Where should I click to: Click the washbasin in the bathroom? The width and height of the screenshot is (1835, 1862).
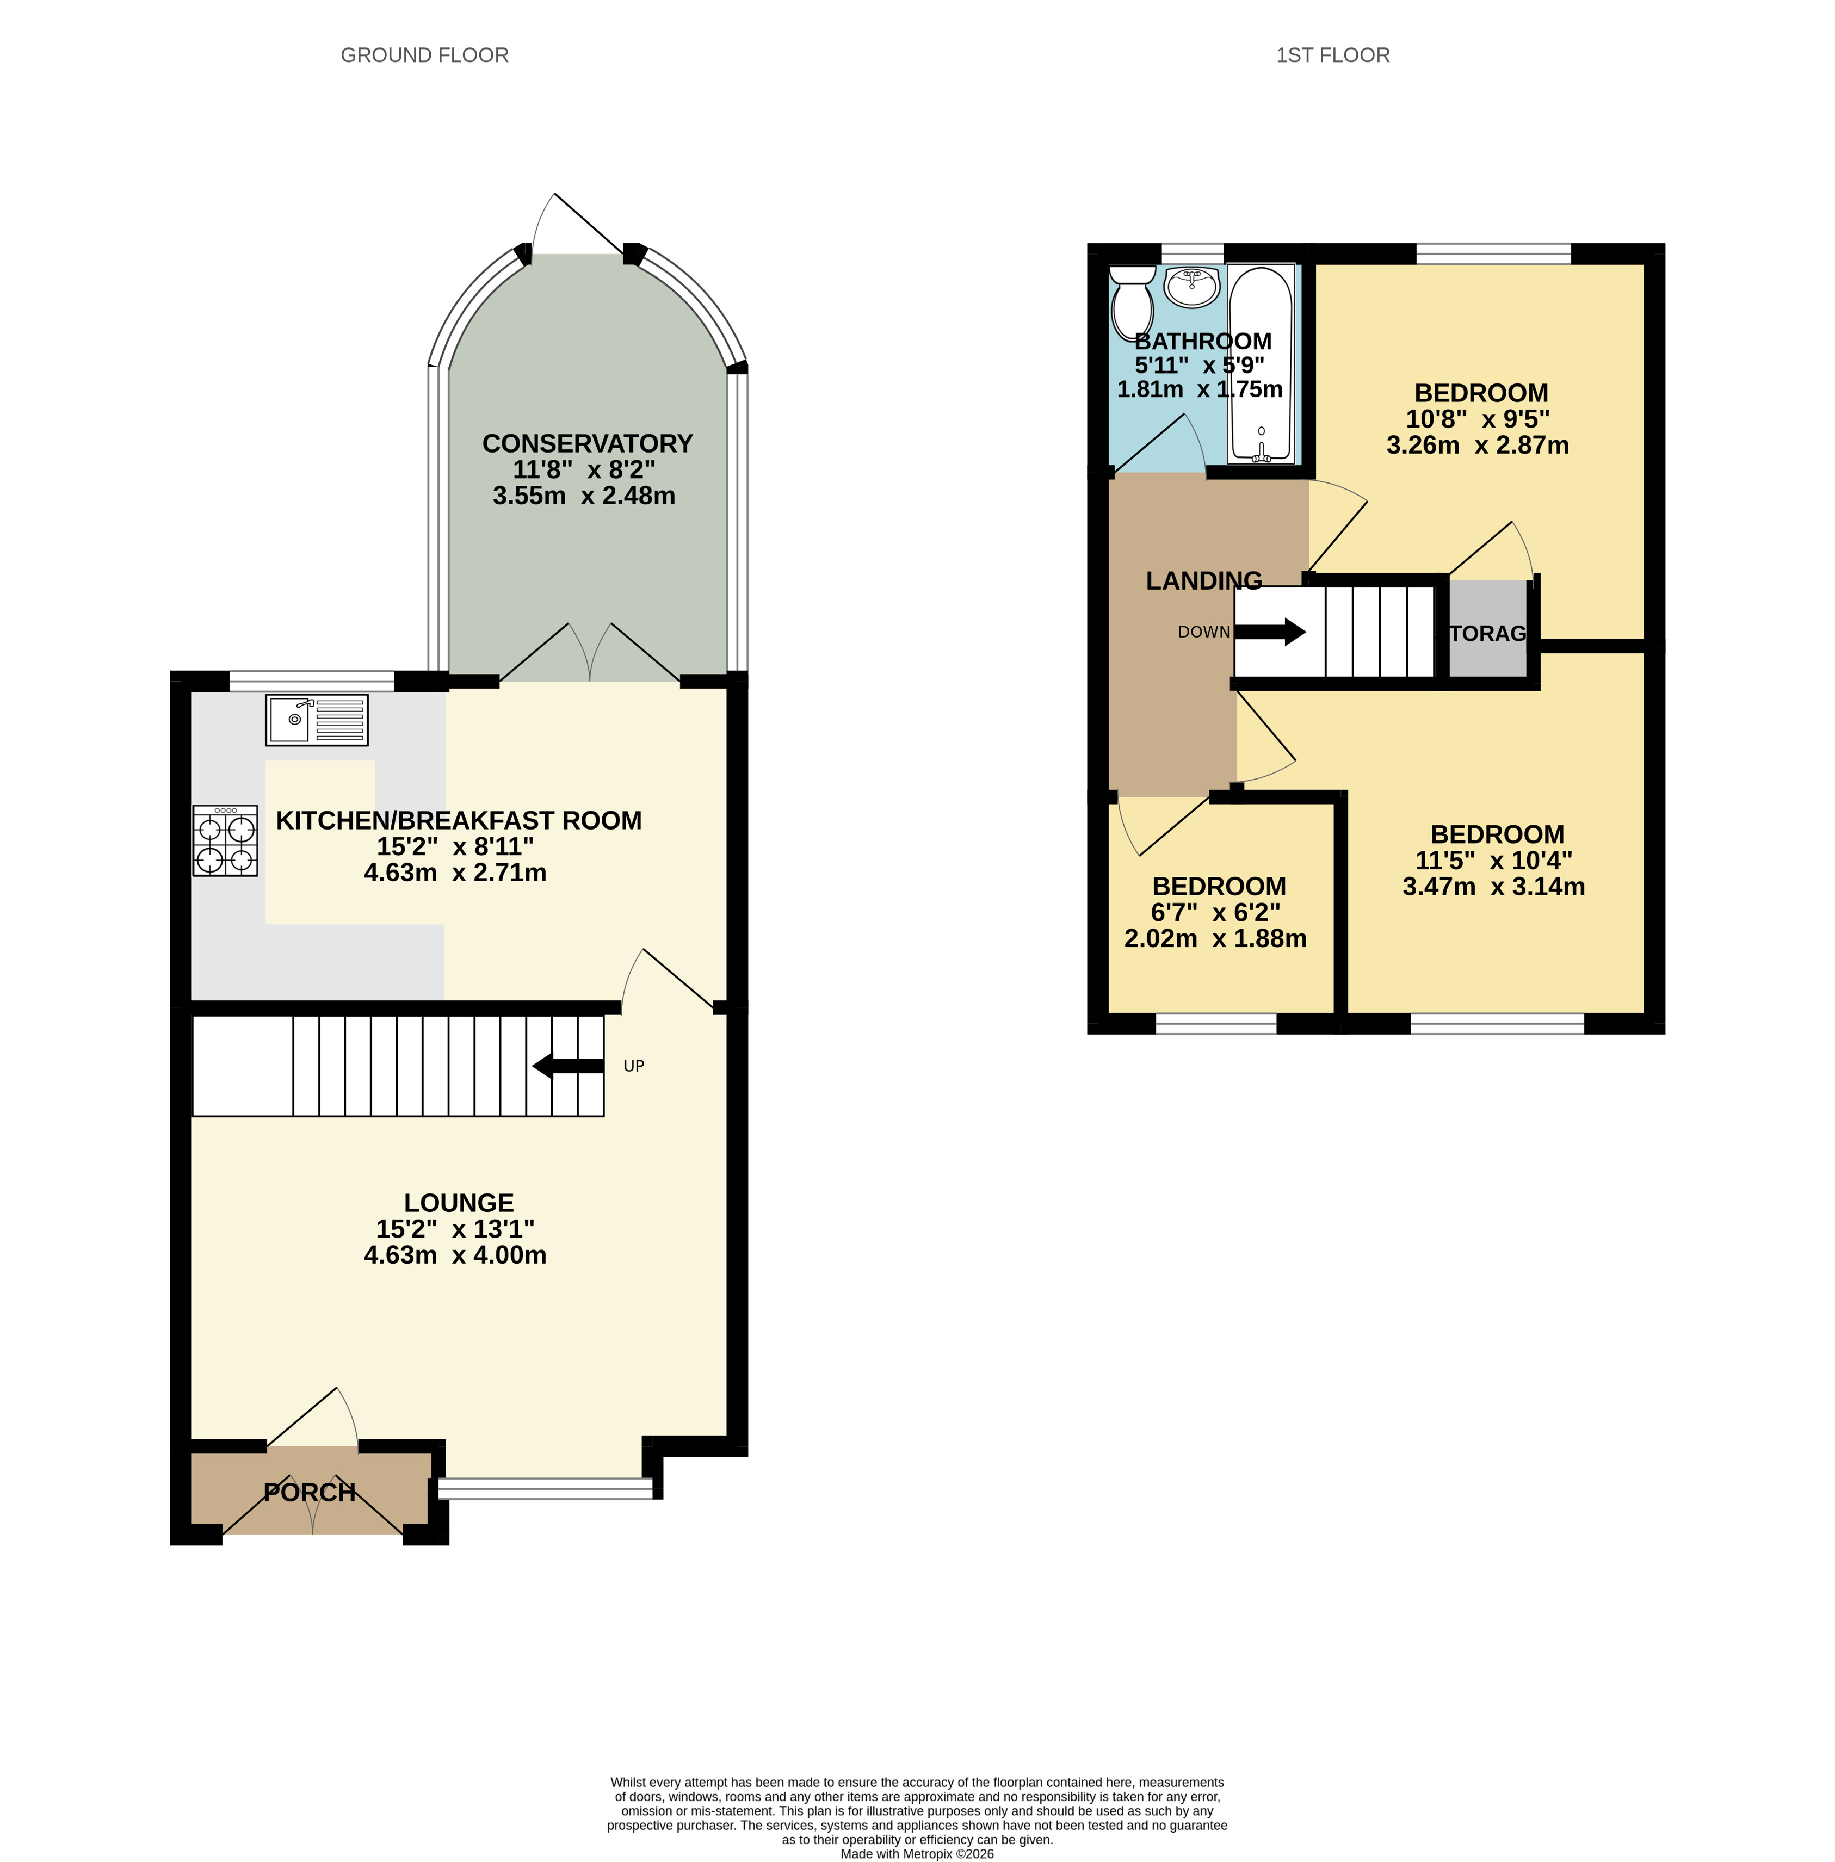(1192, 286)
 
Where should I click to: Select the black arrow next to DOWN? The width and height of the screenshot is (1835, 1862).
(1270, 632)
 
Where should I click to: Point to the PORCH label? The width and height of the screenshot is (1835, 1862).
(310, 1492)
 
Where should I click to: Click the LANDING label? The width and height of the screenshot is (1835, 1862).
(1204, 580)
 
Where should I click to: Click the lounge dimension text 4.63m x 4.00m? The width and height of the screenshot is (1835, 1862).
(455, 1255)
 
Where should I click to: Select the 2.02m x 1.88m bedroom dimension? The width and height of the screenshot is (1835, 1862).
(1215, 939)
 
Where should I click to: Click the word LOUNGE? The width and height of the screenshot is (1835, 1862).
(459, 1203)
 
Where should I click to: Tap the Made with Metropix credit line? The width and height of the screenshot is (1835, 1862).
(917, 1853)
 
